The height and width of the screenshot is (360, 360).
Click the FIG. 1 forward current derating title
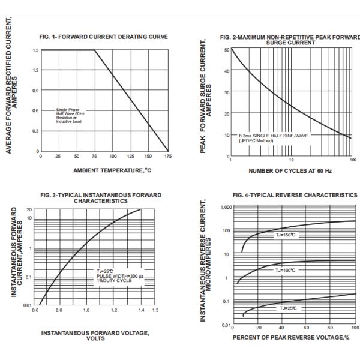104,37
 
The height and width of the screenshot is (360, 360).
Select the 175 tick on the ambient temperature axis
168,156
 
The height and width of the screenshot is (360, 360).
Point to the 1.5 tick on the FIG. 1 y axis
35,50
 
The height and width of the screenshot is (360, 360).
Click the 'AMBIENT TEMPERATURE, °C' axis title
104,170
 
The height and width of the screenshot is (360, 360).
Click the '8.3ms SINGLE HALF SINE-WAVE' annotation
277,136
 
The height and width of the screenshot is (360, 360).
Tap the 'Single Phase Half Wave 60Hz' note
70,112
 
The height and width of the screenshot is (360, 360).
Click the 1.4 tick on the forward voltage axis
141,311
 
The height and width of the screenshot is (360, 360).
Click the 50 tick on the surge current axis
226,50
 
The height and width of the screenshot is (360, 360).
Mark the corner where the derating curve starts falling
95,50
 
